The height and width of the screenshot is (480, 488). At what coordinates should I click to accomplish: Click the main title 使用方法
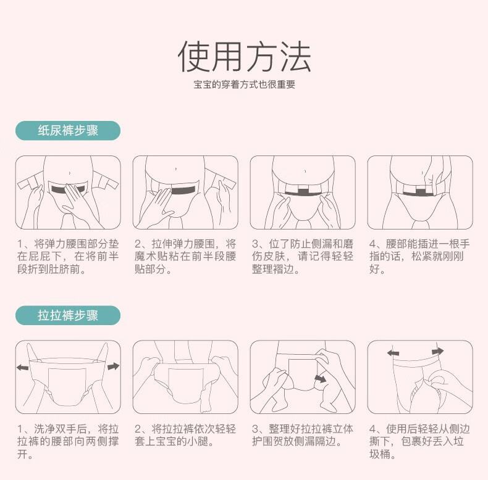(245, 57)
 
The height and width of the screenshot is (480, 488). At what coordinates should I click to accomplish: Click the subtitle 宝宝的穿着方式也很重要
(245, 85)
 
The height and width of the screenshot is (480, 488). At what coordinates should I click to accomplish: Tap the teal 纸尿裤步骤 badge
(68, 131)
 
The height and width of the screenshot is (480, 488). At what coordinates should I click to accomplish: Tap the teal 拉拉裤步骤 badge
(68, 315)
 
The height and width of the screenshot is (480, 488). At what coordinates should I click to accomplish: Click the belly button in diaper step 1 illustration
(69, 173)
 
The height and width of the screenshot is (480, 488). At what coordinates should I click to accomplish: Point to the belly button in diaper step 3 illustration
(305, 171)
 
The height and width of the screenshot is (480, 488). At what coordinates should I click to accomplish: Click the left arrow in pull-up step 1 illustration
(22, 368)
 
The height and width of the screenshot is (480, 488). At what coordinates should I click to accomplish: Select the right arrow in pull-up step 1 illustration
(113, 366)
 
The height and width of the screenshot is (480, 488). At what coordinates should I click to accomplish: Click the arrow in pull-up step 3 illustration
(320, 379)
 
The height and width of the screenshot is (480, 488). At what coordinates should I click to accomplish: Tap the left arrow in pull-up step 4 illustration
(393, 353)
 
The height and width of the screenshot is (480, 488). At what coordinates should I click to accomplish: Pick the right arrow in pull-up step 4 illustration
(438, 352)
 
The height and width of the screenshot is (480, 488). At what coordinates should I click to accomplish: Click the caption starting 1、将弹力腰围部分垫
(68, 257)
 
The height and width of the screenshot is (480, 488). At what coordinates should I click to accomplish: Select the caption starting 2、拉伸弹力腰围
(185, 257)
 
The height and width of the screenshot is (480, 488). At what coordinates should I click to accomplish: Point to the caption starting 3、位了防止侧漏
(303, 257)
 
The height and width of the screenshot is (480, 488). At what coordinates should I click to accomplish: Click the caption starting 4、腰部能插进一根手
(419, 257)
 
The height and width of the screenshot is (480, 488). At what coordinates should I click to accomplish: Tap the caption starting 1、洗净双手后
(68, 442)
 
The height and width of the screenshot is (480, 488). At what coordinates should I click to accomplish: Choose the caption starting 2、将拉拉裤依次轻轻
(185, 435)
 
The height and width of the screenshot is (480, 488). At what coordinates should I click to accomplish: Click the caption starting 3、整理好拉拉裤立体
(303, 435)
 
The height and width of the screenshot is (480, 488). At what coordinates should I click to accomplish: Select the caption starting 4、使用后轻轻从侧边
(419, 442)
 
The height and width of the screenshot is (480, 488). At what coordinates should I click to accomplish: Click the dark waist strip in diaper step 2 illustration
(183, 190)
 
